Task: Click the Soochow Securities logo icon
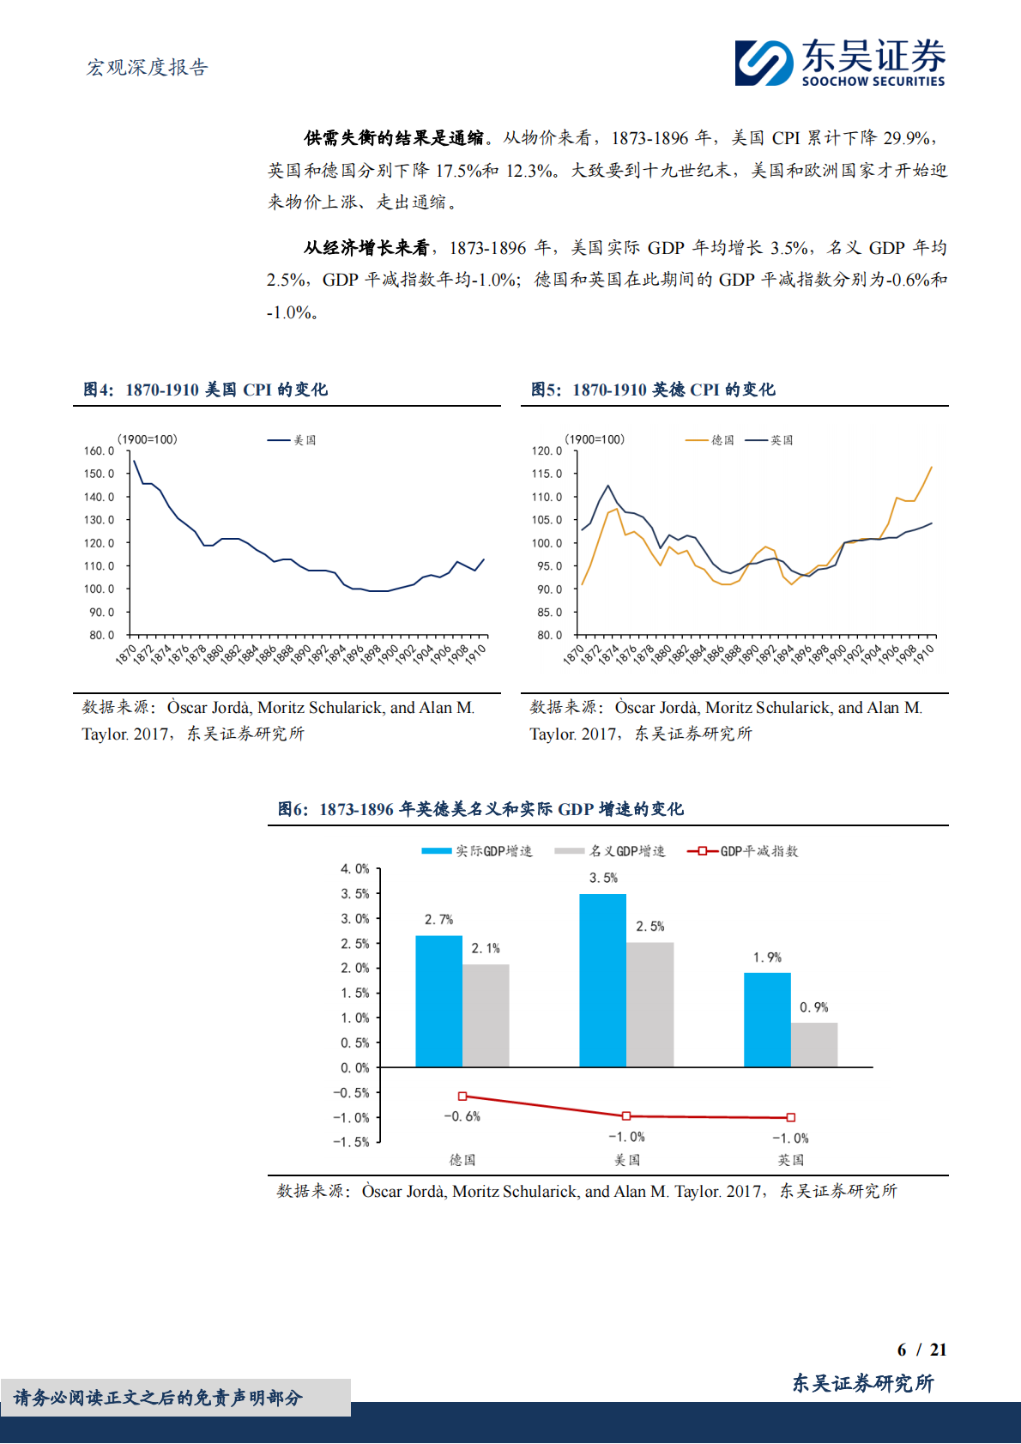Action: [764, 63]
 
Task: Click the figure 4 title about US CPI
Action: [205, 390]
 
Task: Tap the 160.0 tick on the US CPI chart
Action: [99, 450]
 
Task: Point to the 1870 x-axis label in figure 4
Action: [126, 655]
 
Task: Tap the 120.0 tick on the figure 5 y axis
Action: [547, 450]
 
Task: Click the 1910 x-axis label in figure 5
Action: [923, 655]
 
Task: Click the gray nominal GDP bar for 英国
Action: [814, 1044]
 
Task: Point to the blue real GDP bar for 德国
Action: [438, 1001]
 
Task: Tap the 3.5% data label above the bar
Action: [603, 878]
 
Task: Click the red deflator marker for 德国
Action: [462, 1096]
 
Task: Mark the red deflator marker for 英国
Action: [791, 1117]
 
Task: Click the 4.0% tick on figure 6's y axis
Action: [354, 869]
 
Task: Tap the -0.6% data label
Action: [462, 1116]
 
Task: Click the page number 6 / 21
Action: [921, 1350]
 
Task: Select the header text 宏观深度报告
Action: [147, 68]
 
